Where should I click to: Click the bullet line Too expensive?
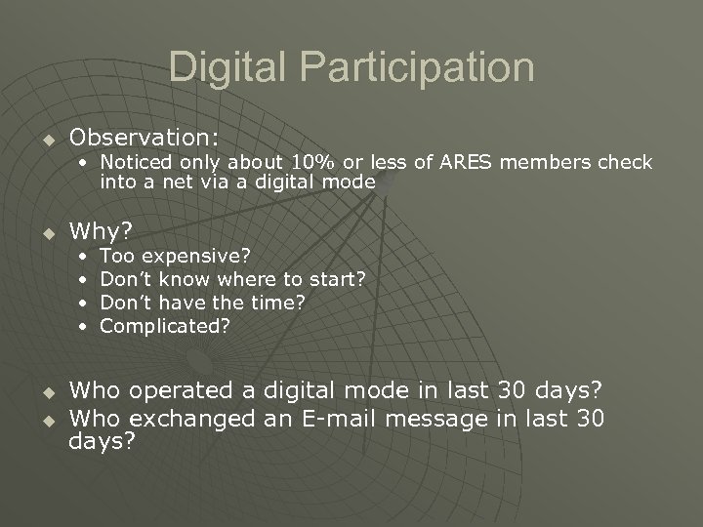[x=176, y=257]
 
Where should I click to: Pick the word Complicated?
[x=166, y=326]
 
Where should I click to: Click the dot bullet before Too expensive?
[x=86, y=258]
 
